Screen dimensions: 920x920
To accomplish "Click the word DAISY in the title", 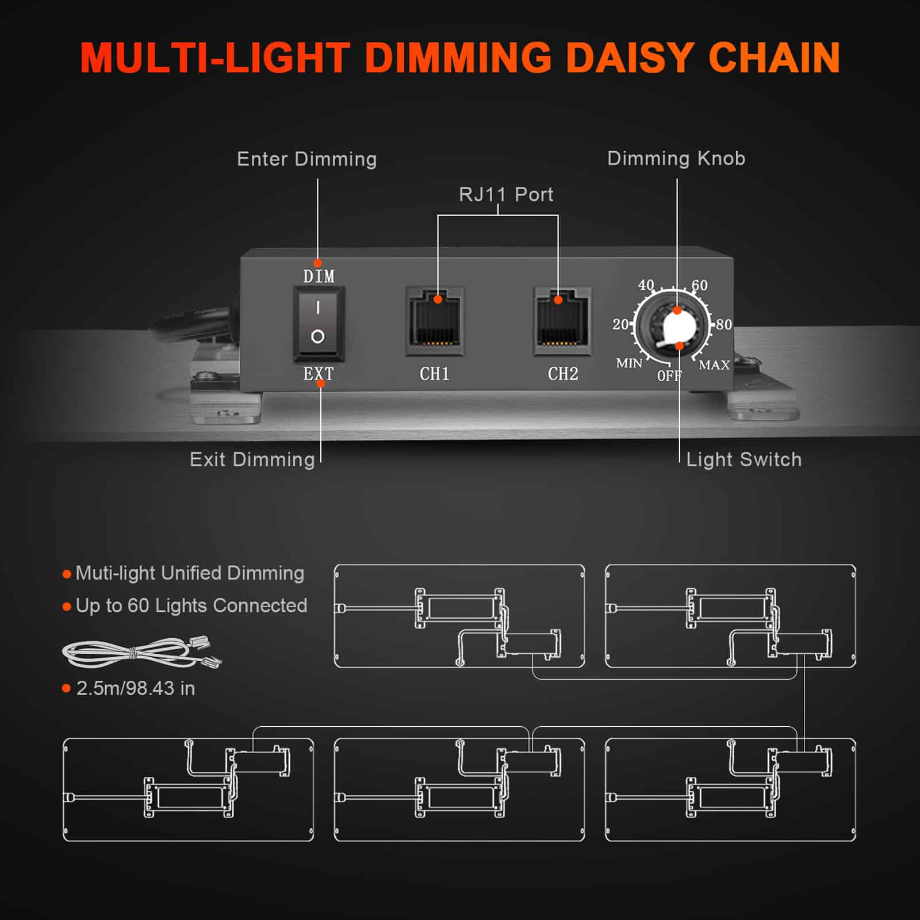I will (x=629, y=58).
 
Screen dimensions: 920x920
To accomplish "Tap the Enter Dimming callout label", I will (x=306, y=159).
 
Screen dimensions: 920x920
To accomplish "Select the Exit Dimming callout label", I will (x=252, y=459).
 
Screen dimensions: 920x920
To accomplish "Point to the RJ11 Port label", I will (x=506, y=195).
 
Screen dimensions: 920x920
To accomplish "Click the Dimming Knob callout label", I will (x=676, y=159).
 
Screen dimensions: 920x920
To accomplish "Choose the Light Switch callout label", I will (x=743, y=459).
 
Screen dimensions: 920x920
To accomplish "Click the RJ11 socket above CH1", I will (x=435, y=321).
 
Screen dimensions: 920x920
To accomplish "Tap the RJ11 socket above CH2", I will (x=562, y=321).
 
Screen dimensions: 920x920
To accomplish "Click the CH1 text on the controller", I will (x=435, y=374).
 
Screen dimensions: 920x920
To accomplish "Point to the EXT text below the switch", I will (x=318, y=374).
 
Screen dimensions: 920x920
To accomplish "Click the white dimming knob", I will (x=678, y=328).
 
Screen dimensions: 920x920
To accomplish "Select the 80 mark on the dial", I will (x=724, y=325).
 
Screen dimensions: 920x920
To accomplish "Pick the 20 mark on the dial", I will (x=620, y=325).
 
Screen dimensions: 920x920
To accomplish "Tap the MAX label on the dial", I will (x=714, y=365).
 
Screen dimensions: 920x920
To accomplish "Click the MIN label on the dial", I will (x=629, y=363).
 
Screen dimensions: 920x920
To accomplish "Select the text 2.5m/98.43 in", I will (x=136, y=688).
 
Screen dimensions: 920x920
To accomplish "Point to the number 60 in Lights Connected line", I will (x=138, y=605).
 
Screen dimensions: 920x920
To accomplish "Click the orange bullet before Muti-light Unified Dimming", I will (x=67, y=574).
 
